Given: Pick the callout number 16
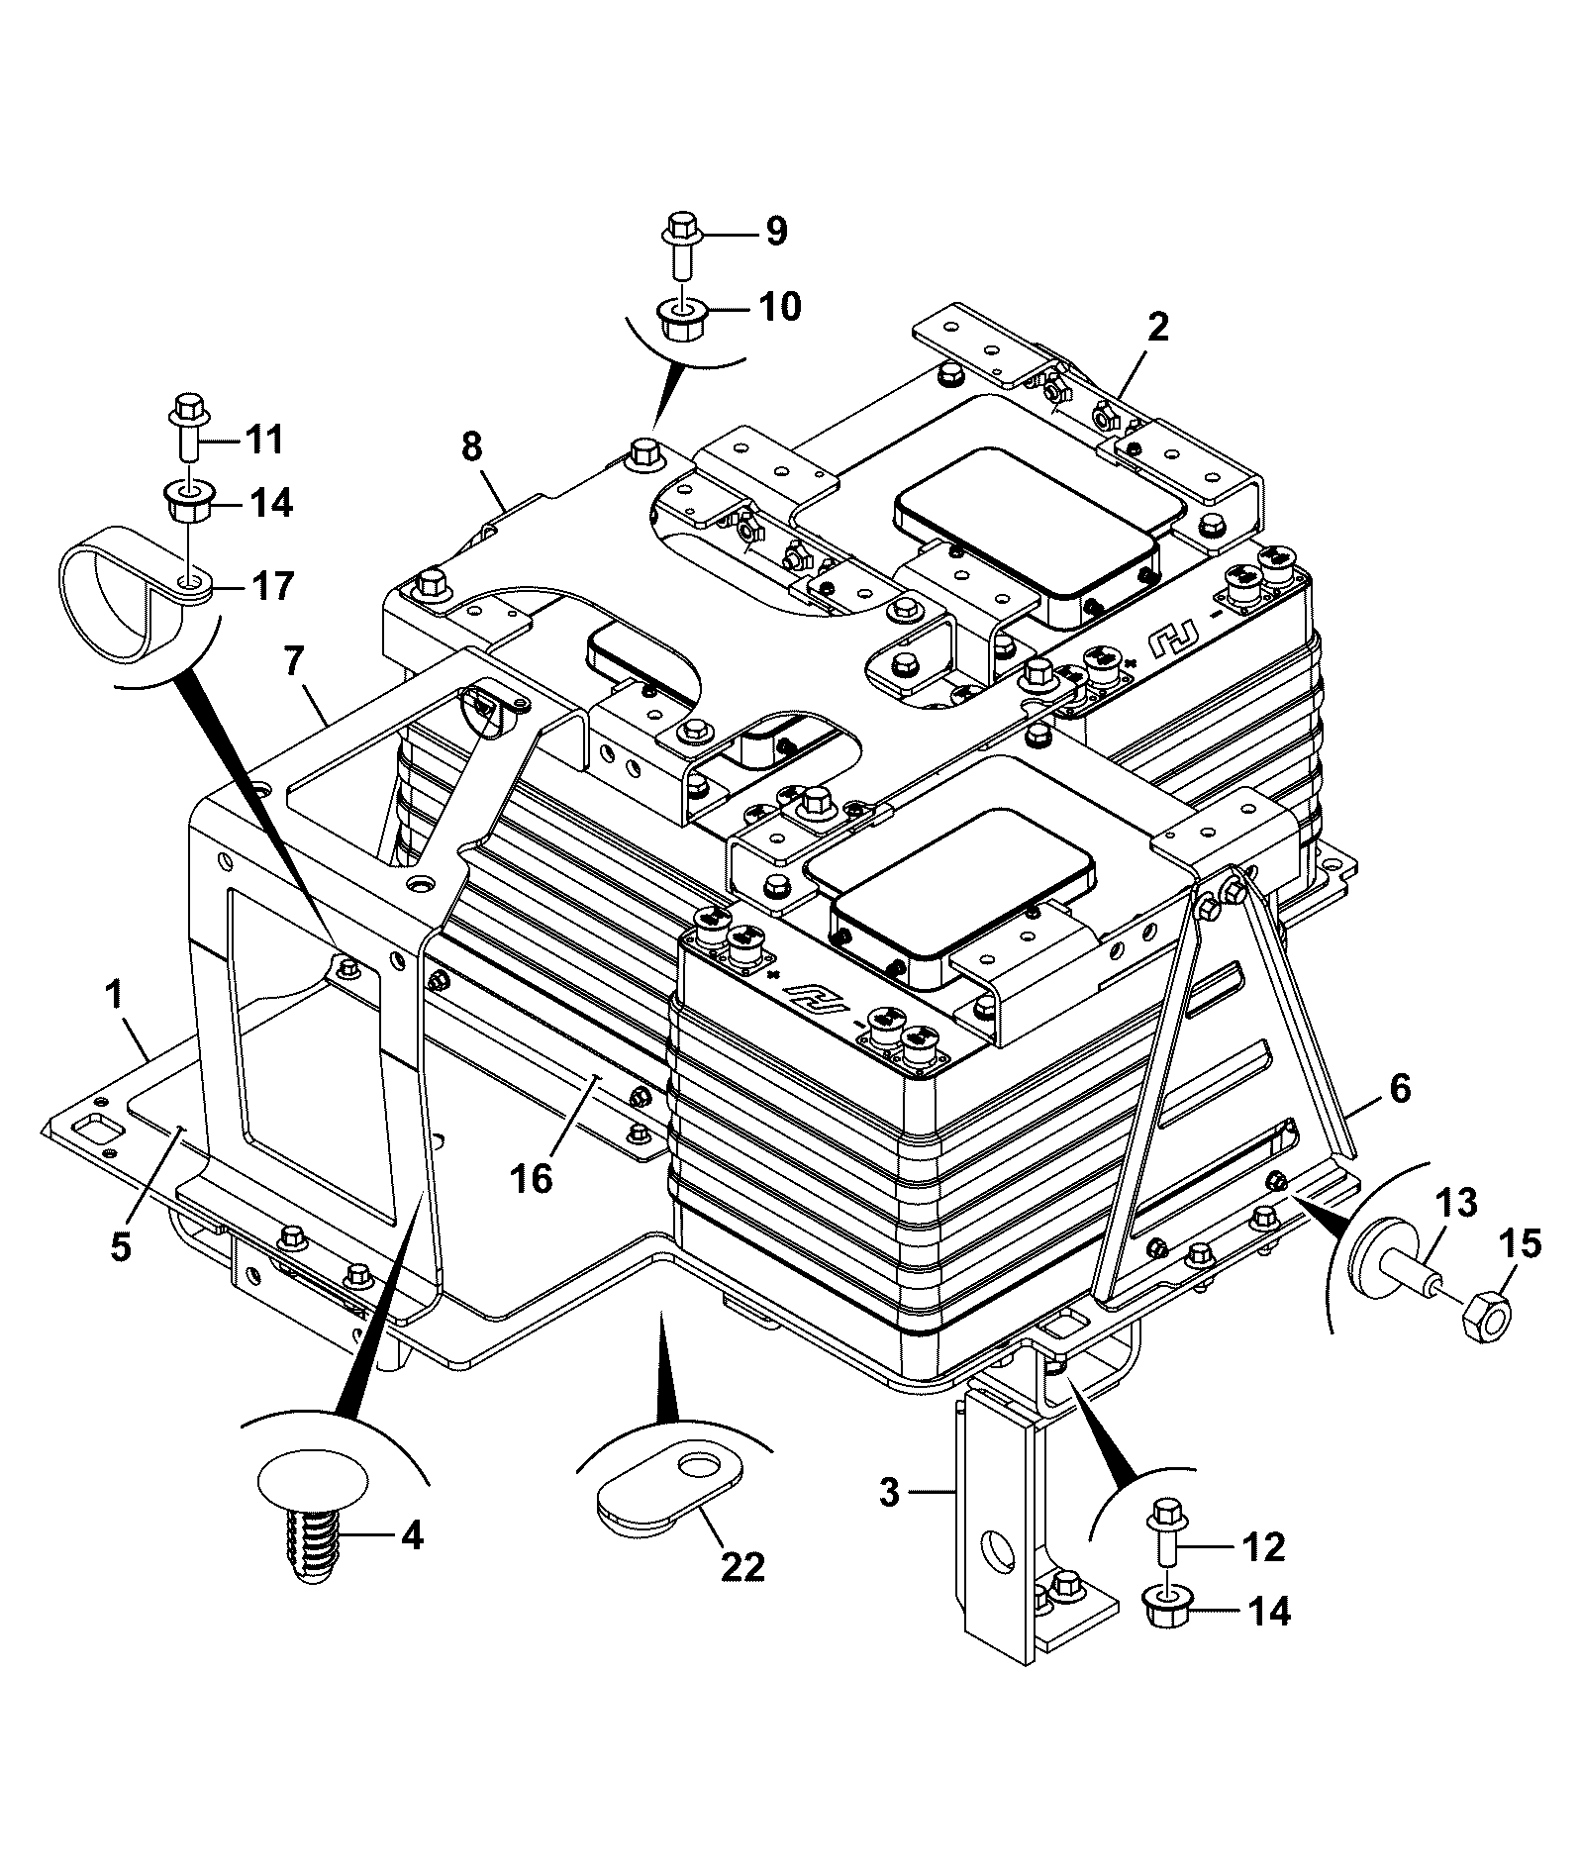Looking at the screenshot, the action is tap(532, 1179).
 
